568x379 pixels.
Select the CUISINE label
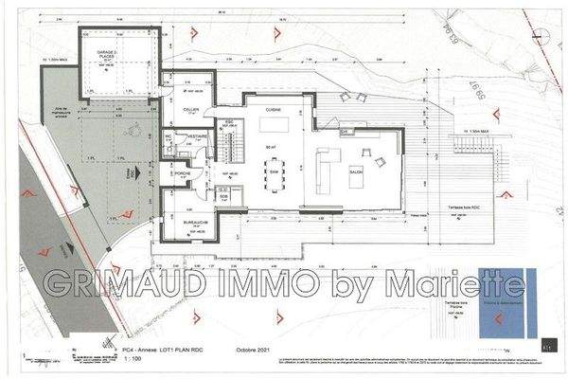[273, 110]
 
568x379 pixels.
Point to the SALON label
[357, 171]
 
